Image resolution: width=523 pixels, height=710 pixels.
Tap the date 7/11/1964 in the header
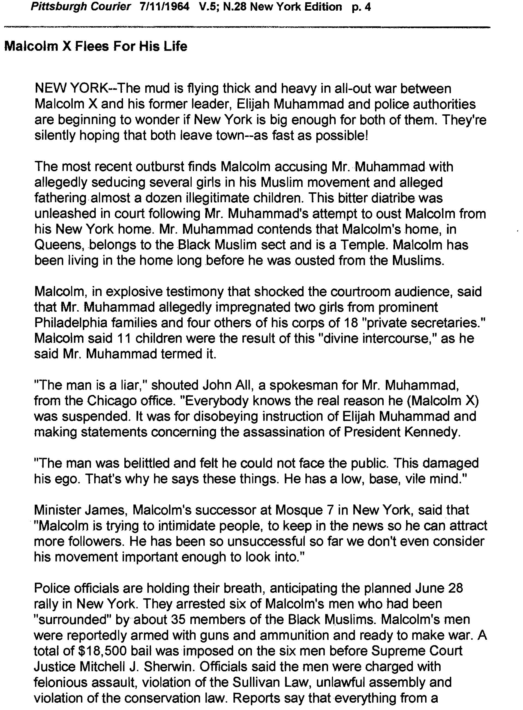pyautogui.click(x=164, y=7)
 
